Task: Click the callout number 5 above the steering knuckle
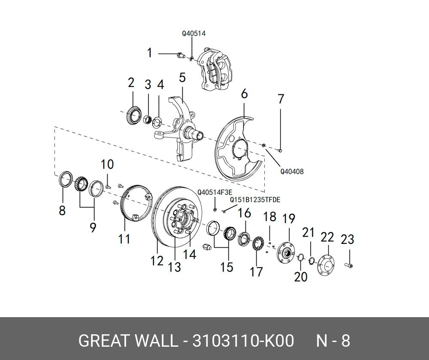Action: point(182,78)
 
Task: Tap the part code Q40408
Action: point(292,171)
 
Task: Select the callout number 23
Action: point(347,239)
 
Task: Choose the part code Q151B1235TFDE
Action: point(255,199)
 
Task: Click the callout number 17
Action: point(256,271)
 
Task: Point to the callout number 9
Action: point(93,227)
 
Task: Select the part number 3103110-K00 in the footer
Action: point(243,341)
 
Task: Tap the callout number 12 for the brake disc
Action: point(157,260)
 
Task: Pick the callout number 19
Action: point(289,219)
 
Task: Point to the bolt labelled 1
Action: point(180,54)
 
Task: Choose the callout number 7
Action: point(281,99)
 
